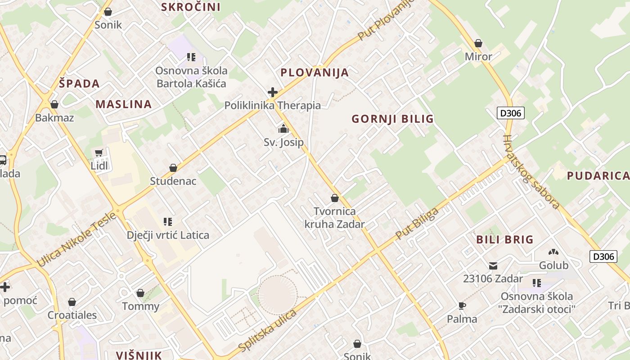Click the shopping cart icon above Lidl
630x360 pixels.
[99, 153]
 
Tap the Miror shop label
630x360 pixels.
[478, 57]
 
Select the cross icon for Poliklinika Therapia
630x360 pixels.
[272, 92]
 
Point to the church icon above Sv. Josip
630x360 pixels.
[283, 129]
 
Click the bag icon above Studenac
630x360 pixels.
[173, 168]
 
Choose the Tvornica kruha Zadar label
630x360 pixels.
[335, 217]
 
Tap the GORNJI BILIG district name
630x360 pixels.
[392, 119]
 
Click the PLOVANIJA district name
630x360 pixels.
[315, 72]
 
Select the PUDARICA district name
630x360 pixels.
[598, 175]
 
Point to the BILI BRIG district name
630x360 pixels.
[505, 239]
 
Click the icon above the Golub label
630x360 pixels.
[553, 252]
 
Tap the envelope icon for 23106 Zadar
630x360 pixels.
[493, 266]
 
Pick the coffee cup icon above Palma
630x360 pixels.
[462, 306]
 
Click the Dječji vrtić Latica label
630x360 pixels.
[168, 235]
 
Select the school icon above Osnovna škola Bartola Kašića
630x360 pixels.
[191, 57]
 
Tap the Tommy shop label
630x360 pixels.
[141, 306]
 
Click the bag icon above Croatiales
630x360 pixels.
[72, 302]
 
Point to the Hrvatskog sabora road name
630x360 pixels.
[531, 172]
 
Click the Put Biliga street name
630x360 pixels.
[417, 224]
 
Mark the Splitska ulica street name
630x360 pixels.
[267, 331]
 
